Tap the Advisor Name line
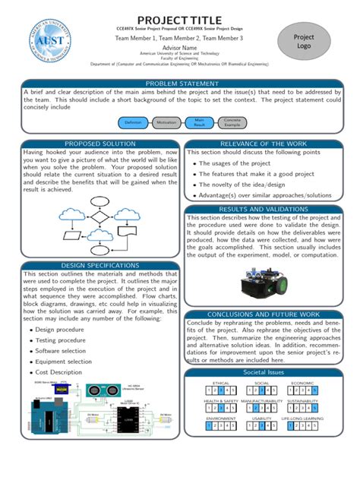(x=179, y=47)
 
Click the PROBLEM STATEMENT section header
(x=179, y=83)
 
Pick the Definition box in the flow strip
(x=134, y=122)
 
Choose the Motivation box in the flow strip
(x=166, y=122)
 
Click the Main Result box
(x=199, y=122)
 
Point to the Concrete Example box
(x=232, y=122)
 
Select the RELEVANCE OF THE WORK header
(x=263, y=144)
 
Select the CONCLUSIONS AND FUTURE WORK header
(x=263, y=314)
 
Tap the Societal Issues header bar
(x=263, y=374)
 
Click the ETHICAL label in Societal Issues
(x=221, y=384)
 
